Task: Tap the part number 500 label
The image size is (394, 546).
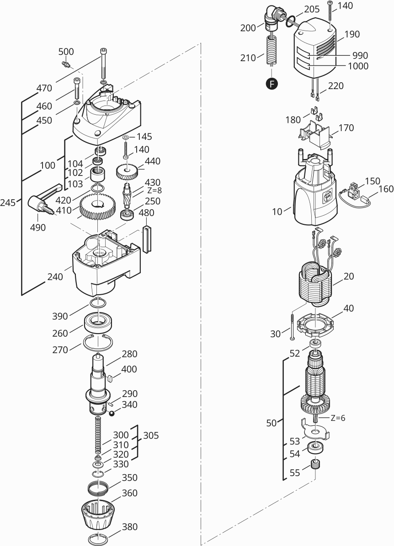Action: (x=66, y=52)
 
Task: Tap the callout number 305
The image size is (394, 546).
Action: (x=151, y=436)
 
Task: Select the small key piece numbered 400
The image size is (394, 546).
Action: (x=110, y=377)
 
